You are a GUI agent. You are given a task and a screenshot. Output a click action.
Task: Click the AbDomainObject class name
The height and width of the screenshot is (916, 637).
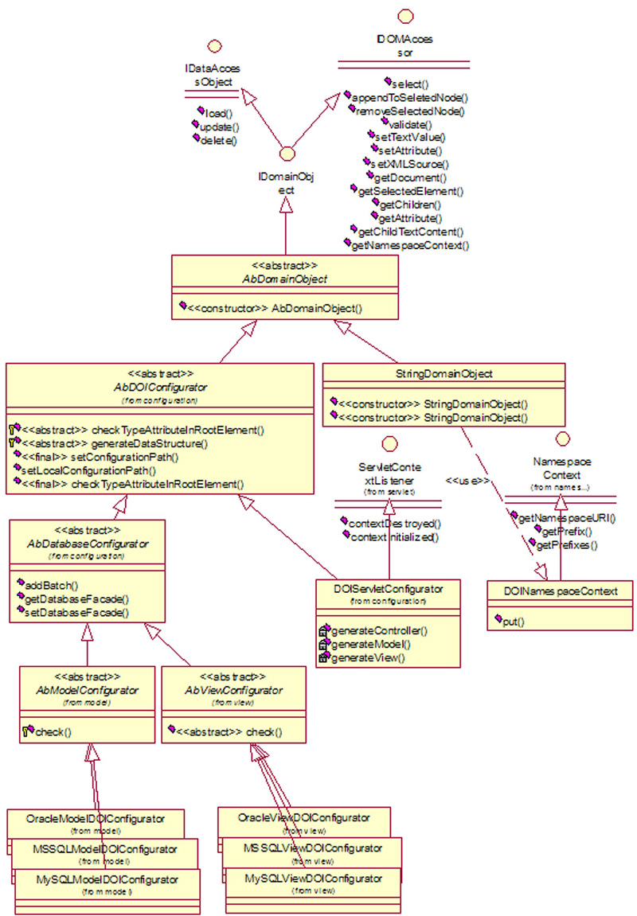click(x=285, y=279)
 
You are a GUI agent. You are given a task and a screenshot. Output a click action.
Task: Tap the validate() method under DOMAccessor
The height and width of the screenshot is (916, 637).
click(x=411, y=124)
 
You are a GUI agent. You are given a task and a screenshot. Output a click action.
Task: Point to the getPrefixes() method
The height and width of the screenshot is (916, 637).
click(x=568, y=545)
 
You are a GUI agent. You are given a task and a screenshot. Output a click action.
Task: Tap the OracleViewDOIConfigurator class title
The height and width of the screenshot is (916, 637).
click(x=303, y=817)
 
